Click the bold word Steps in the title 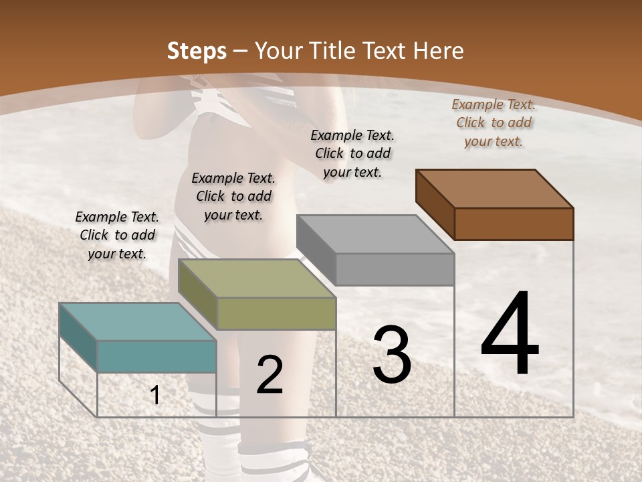coord(197,51)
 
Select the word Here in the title coord(438,51)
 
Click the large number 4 coord(510,335)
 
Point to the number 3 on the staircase coord(392,355)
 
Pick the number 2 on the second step coord(270,375)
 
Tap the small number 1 coord(155,396)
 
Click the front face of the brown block coord(514,224)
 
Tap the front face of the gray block coord(395,268)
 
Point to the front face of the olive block coord(276,313)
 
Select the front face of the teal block coord(157,356)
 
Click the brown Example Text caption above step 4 coord(494,123)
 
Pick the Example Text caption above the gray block coord(352,153)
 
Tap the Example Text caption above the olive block coord(233,196)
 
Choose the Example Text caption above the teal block coord(117,235)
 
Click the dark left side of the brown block coord(435,204)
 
